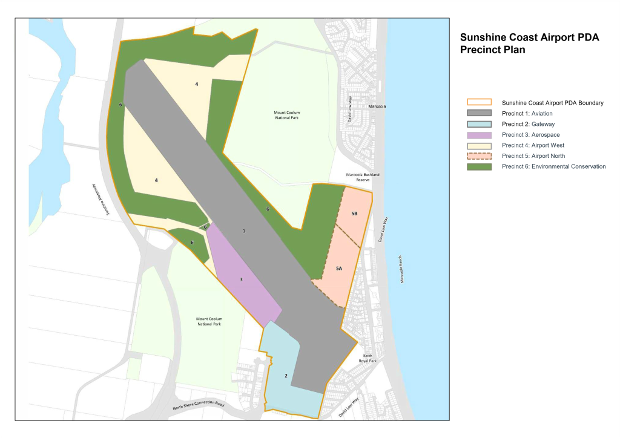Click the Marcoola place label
(x=377, y=106)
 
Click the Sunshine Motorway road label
(x=99, y=199)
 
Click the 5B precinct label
(x=354, y=214)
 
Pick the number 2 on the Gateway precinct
(x=286, y=376)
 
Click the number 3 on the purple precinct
(x=241, y=279)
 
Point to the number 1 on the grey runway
(x=244, y=230)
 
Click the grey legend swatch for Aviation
(x=479, y=113)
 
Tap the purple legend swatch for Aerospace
(x=479, y=134)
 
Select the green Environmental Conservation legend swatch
(x=479, y=166)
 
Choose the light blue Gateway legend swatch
(x=479, y=124)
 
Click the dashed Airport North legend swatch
(x=479, y=155)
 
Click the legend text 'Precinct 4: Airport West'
(x=533, y=145)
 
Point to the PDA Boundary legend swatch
(x=479, y=103)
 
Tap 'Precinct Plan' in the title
(x=492, y=50)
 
